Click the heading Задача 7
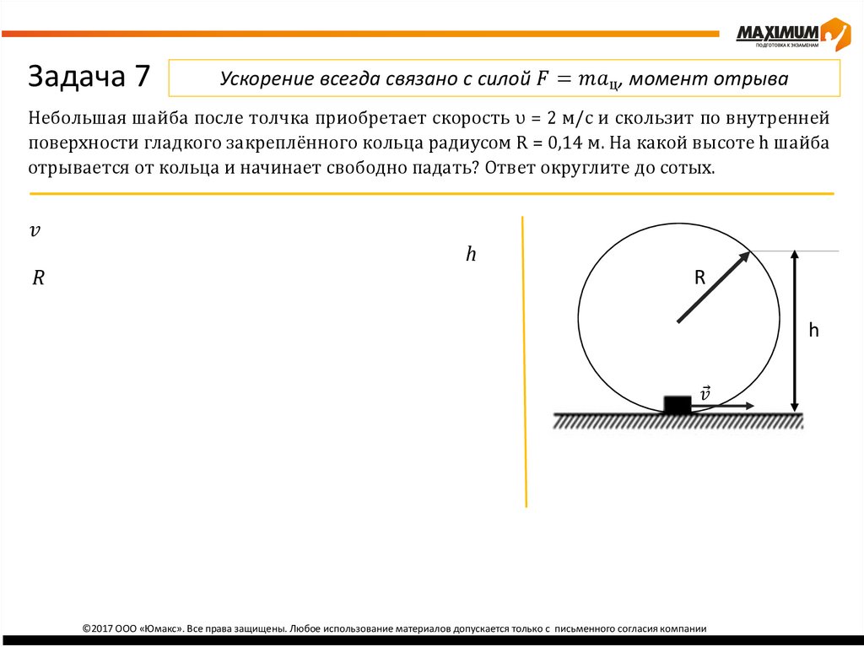[89, 78]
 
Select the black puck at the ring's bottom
[677, 404]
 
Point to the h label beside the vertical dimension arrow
[813, 331]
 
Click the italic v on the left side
[35, 230]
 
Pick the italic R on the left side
[38, 278]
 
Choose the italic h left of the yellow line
[471, 254]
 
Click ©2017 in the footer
[100, 628]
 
